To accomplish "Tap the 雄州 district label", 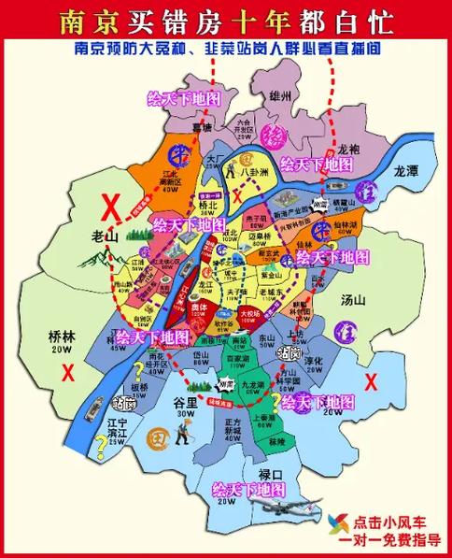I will click(x=255, y=95).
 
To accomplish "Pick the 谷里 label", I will click(x=186, y=402).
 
